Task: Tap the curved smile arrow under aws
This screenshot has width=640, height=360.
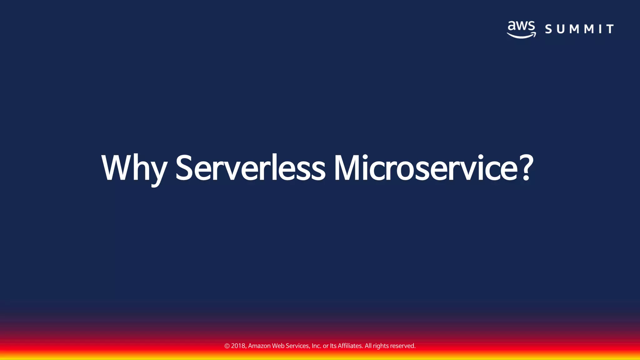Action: pyautogui.click(x=521, y=35)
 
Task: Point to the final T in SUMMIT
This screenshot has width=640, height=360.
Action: pyautogui.click(x=610, y=29)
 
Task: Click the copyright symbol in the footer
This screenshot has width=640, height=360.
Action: pyautogui.click(x=227, y=346)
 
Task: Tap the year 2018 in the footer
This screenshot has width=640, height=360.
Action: pyautogui.click(x=238, y=346)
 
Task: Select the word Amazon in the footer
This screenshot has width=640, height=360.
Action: pyautogui.click(x=259, y=346)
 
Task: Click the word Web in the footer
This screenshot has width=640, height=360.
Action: pyautogui.click(x=278, y=346)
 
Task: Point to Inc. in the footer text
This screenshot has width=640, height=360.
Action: pyautogui.click(x=316, y=346)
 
